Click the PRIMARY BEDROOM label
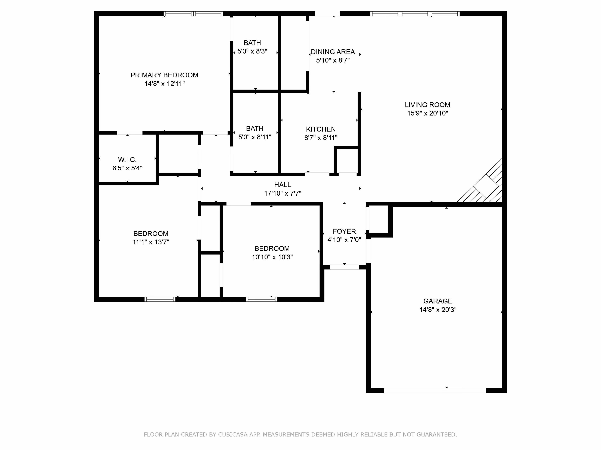point(164,75)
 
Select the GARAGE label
point(438,301)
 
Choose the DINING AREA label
point(333,52)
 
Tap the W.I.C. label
point(127,160)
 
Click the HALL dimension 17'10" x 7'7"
point(282,193)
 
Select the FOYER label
point(344,231)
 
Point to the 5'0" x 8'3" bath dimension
point(252,51)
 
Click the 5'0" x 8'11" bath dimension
point(255,137)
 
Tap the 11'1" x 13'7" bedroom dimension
point(151,242)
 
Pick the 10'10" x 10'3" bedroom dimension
point(272,257)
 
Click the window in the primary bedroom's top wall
point(194,14)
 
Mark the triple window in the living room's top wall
point(415,14)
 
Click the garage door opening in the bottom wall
point(435,391)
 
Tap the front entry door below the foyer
point(345,267)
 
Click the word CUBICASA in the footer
point(233,435)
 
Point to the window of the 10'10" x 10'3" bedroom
point(262,299)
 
